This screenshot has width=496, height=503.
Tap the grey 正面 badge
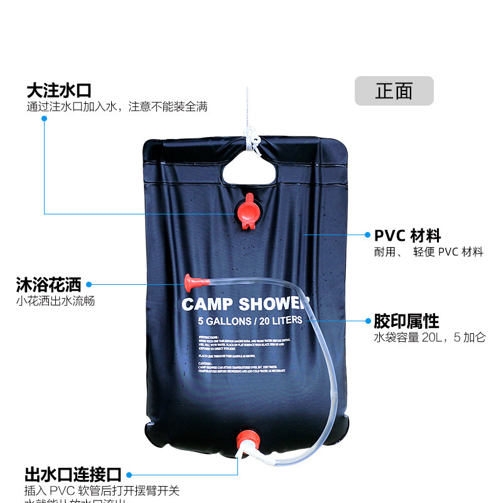tap(394, 91)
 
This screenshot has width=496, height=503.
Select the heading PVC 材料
tap(407, 236)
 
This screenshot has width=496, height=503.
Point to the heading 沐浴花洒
tap(48, 285)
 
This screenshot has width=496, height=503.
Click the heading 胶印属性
tap(406, 321)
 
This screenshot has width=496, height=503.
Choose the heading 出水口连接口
tap(72, 475)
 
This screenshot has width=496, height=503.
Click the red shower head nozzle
tap(189, 279)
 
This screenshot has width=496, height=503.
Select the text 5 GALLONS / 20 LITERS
tap(250, 321)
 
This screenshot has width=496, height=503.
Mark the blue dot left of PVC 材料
tap(368, 235)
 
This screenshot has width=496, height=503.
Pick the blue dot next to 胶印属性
tap(368, 321)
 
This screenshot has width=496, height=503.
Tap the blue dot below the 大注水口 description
tap(45, 118)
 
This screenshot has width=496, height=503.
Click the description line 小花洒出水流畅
tap(56, 301)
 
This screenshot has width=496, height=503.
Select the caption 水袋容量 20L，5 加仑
tap(430, 338)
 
